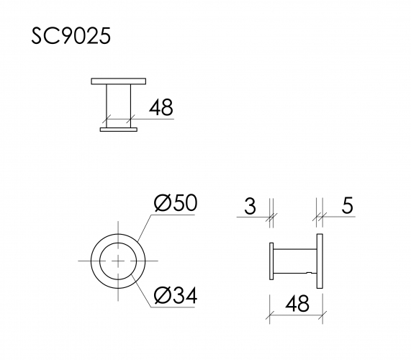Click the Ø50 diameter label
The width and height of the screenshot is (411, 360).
pos(175,204)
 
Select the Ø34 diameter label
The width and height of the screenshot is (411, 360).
pos(175,294)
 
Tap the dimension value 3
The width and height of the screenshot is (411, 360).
pos(250,207)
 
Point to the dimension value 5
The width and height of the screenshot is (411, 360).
pos(347,207)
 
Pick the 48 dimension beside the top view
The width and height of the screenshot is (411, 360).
pos(161,107)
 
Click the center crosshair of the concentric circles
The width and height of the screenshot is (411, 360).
pos(117,260)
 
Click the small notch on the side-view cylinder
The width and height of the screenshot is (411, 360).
pos(310,273)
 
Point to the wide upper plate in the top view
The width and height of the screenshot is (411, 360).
pos(119,81)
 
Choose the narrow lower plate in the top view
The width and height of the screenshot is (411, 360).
pos(119,130)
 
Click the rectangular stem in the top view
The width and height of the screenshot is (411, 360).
pos(119,105)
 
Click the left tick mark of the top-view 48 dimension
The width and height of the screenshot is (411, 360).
pos(107,119)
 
